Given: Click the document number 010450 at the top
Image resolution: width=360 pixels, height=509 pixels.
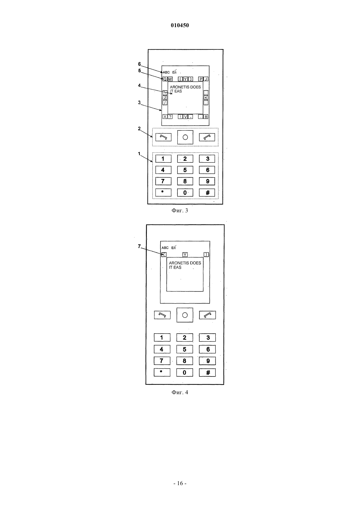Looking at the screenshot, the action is pyautogui.click(x=180, y=25).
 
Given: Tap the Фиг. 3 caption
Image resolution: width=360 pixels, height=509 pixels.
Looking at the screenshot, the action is pyautogui.click(x=180, y=210).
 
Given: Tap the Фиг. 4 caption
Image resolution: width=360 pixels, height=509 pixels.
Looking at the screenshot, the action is pyautogui.click(x=180, y=392).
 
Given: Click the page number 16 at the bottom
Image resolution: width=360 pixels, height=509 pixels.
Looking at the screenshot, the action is pyautogui.click(x=180, y=483).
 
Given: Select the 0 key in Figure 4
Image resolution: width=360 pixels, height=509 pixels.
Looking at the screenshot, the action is pyautogui.click(x=185, y=373).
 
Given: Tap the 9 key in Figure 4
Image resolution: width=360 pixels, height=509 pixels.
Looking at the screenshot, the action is pyautogui.click(x=207, y=361).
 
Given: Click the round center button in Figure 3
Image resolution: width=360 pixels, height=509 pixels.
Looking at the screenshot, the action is pyautogui.click(x=185, y=137).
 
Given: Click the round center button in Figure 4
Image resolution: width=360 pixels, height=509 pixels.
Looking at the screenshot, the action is pyautogui.click(x=185, y=315).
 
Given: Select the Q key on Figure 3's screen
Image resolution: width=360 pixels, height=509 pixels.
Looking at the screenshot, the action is pyautogui.click(x=165, y=79).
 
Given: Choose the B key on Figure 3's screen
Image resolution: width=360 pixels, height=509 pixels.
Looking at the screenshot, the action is pyautogui.click(x=206, y=116).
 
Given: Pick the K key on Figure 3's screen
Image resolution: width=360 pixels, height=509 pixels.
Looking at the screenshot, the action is pyautogui.click(x=206, y=98).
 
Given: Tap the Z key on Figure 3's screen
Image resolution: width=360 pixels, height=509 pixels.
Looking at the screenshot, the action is pyautogui.click(x=165, y=98).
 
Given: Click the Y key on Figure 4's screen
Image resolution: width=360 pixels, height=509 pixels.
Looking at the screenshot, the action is pyautogui.click(x=185, y=254).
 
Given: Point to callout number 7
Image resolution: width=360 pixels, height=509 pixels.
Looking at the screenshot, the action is pyautogui.click(x=139, y=246).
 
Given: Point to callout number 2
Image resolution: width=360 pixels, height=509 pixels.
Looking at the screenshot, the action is pyautogui.click(x=139, y=129).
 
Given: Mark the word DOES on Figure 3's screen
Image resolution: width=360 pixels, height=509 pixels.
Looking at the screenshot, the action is pyautogui.click(x=195, y=87).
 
